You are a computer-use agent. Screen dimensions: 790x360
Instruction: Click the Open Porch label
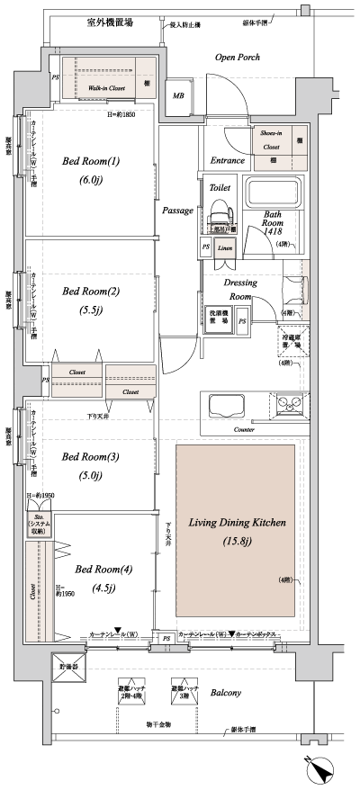point(238,58)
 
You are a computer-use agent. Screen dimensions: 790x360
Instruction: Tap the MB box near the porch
point(178,95)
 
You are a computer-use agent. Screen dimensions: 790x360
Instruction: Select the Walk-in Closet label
point(106,89)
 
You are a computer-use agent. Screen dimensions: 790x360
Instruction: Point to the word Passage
point(177,211)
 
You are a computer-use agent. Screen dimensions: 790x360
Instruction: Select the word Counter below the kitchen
point(244,431)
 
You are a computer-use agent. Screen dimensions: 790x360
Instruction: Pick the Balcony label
point(226,693)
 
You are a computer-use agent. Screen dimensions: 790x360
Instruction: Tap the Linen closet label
point(225,247)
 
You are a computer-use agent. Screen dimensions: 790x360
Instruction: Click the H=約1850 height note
point(127,115)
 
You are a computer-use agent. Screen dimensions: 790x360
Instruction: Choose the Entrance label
point(228,160)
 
